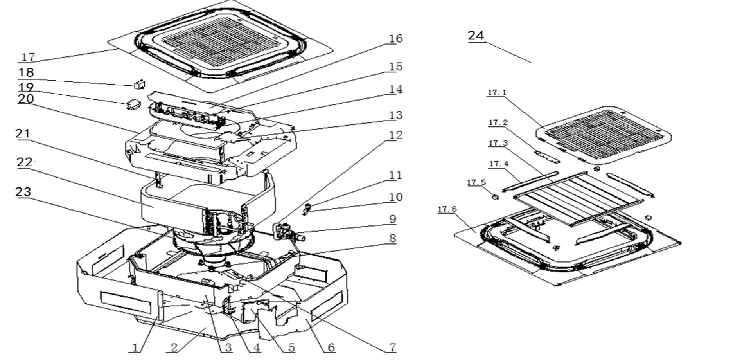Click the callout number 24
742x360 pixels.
tap(476, 35)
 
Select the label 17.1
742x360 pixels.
tap(497, 93)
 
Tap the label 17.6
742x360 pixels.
tap(447, 209)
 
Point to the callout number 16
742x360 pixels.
tap(395, 39)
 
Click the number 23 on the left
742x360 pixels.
tap(23, 192)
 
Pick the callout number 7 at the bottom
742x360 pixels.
tap(392, 347)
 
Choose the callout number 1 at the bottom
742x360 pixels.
tap(135, 347)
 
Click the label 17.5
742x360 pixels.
tap(476, 183)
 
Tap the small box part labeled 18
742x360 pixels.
tap(140, 84)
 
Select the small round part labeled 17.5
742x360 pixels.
tap(495, 196)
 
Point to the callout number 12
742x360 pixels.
tap(395, 135)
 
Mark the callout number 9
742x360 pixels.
tap(393, 219)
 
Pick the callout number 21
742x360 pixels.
tap(22, 134)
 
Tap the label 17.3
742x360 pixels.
tap(498, 143)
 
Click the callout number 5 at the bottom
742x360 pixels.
tap(291, 347)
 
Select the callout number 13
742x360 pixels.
tap(395, 115)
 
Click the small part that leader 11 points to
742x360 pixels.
tap(307, 206)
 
